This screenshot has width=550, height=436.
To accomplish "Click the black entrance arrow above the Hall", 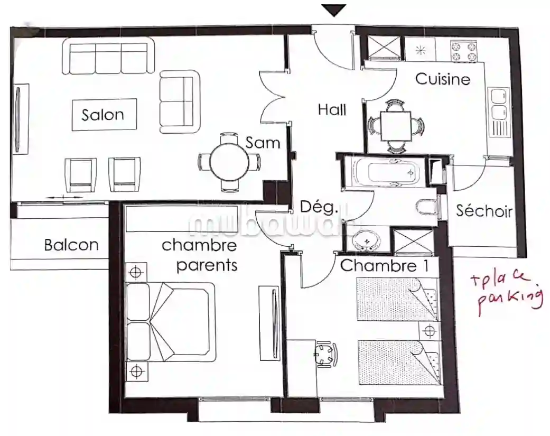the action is [334, 10].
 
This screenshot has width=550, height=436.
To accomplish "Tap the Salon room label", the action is [103, 115].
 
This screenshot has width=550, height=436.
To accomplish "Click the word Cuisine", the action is [443, 79].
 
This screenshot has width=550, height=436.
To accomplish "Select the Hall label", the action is [332, 109].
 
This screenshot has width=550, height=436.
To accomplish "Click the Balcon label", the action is [71, 245].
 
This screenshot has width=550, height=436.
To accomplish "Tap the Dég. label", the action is [319, 207].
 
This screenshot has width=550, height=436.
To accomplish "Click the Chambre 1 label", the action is [385, 265].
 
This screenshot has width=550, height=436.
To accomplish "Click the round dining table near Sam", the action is [229, 162].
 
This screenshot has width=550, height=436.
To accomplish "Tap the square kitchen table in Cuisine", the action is [396, 126].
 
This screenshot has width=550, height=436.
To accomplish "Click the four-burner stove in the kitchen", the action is [463, 51].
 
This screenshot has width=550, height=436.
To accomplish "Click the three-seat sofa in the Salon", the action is [108, 57].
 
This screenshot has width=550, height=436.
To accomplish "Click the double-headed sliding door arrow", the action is [64, 198].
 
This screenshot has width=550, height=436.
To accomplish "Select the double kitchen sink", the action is [498, 104].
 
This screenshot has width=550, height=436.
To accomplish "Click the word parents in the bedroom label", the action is [207, 265].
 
